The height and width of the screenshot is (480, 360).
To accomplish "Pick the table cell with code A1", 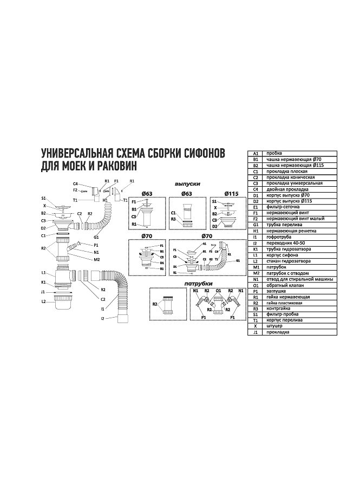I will pos(256,153).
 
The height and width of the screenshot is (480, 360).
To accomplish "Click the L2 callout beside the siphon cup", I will pos(43,300).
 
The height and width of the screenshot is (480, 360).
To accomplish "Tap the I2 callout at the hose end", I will pos(102,319).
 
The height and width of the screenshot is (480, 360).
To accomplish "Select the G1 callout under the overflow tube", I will pos(96,237).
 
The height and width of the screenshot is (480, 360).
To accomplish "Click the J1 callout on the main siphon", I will pos(43,291).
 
